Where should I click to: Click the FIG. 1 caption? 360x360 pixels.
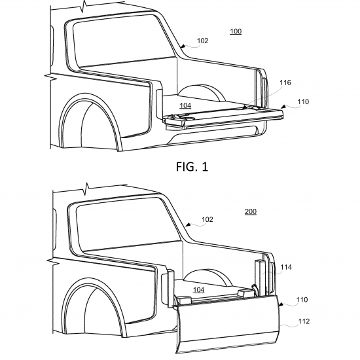pos(192,167)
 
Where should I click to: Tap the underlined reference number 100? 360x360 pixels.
pos(236,31)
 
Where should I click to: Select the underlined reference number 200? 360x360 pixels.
pos(251,211)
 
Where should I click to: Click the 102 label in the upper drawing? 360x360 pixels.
pos(202,41)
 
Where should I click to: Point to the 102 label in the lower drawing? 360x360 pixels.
pos(207,219)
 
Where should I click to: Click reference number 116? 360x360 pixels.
pos(285,82)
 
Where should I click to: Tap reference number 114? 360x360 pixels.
pos(286,267)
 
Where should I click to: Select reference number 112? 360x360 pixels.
pos(304,321)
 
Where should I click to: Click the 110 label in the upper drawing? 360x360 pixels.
pos(303,101)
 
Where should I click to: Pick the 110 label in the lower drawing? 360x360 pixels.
pos(302,300)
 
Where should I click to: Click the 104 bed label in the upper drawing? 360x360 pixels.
pos(185,105)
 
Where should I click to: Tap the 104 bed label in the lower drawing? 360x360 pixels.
pos(198,290)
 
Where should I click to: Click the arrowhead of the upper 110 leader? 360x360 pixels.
pos(283,107)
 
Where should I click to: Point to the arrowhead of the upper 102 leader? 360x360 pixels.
pos(183,46)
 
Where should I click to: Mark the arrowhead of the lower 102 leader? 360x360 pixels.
pos(188,225)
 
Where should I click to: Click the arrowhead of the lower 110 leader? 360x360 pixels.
pos(281,304)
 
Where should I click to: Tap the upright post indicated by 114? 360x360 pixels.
pos(259,278)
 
